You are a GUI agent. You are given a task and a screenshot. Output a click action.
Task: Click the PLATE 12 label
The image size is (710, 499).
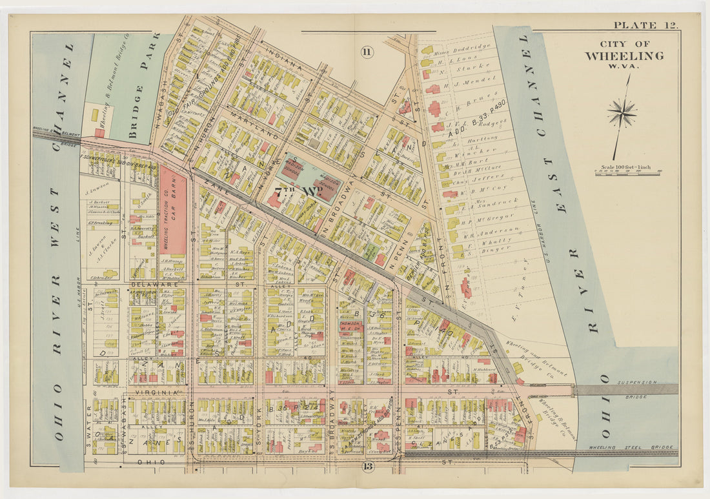pos(645,25)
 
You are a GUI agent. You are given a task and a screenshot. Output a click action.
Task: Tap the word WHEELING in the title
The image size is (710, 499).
pos(624,56)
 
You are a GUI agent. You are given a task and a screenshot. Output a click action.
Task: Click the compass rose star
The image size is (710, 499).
pos(622,114)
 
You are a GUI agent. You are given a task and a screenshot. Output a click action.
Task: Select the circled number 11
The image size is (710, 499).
pos(367,53)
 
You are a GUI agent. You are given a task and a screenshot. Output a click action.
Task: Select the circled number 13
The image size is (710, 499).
pos(367,466)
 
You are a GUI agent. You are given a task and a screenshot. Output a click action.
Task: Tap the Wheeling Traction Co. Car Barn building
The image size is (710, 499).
pos(172,216)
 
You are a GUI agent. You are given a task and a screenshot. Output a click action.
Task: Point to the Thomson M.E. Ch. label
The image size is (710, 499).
pos(349,325)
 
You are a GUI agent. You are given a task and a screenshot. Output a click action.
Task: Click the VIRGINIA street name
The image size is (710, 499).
pos(154,392)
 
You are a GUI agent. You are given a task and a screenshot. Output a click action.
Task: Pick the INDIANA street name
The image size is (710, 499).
pos(283,64)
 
